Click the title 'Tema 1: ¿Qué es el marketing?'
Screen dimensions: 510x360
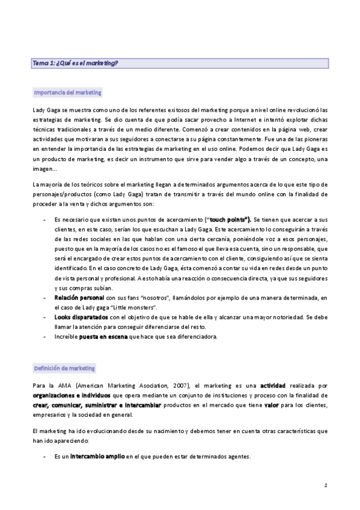(x=76, y=63)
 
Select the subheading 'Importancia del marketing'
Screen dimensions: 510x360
(x=67, y=93)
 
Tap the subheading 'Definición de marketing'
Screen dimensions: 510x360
(x=64, y=368)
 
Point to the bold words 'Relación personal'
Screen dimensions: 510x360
(x=79, y=297)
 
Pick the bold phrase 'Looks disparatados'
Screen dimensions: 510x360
(x=81, y=316)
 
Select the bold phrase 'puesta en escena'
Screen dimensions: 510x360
(x=103, y=336)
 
